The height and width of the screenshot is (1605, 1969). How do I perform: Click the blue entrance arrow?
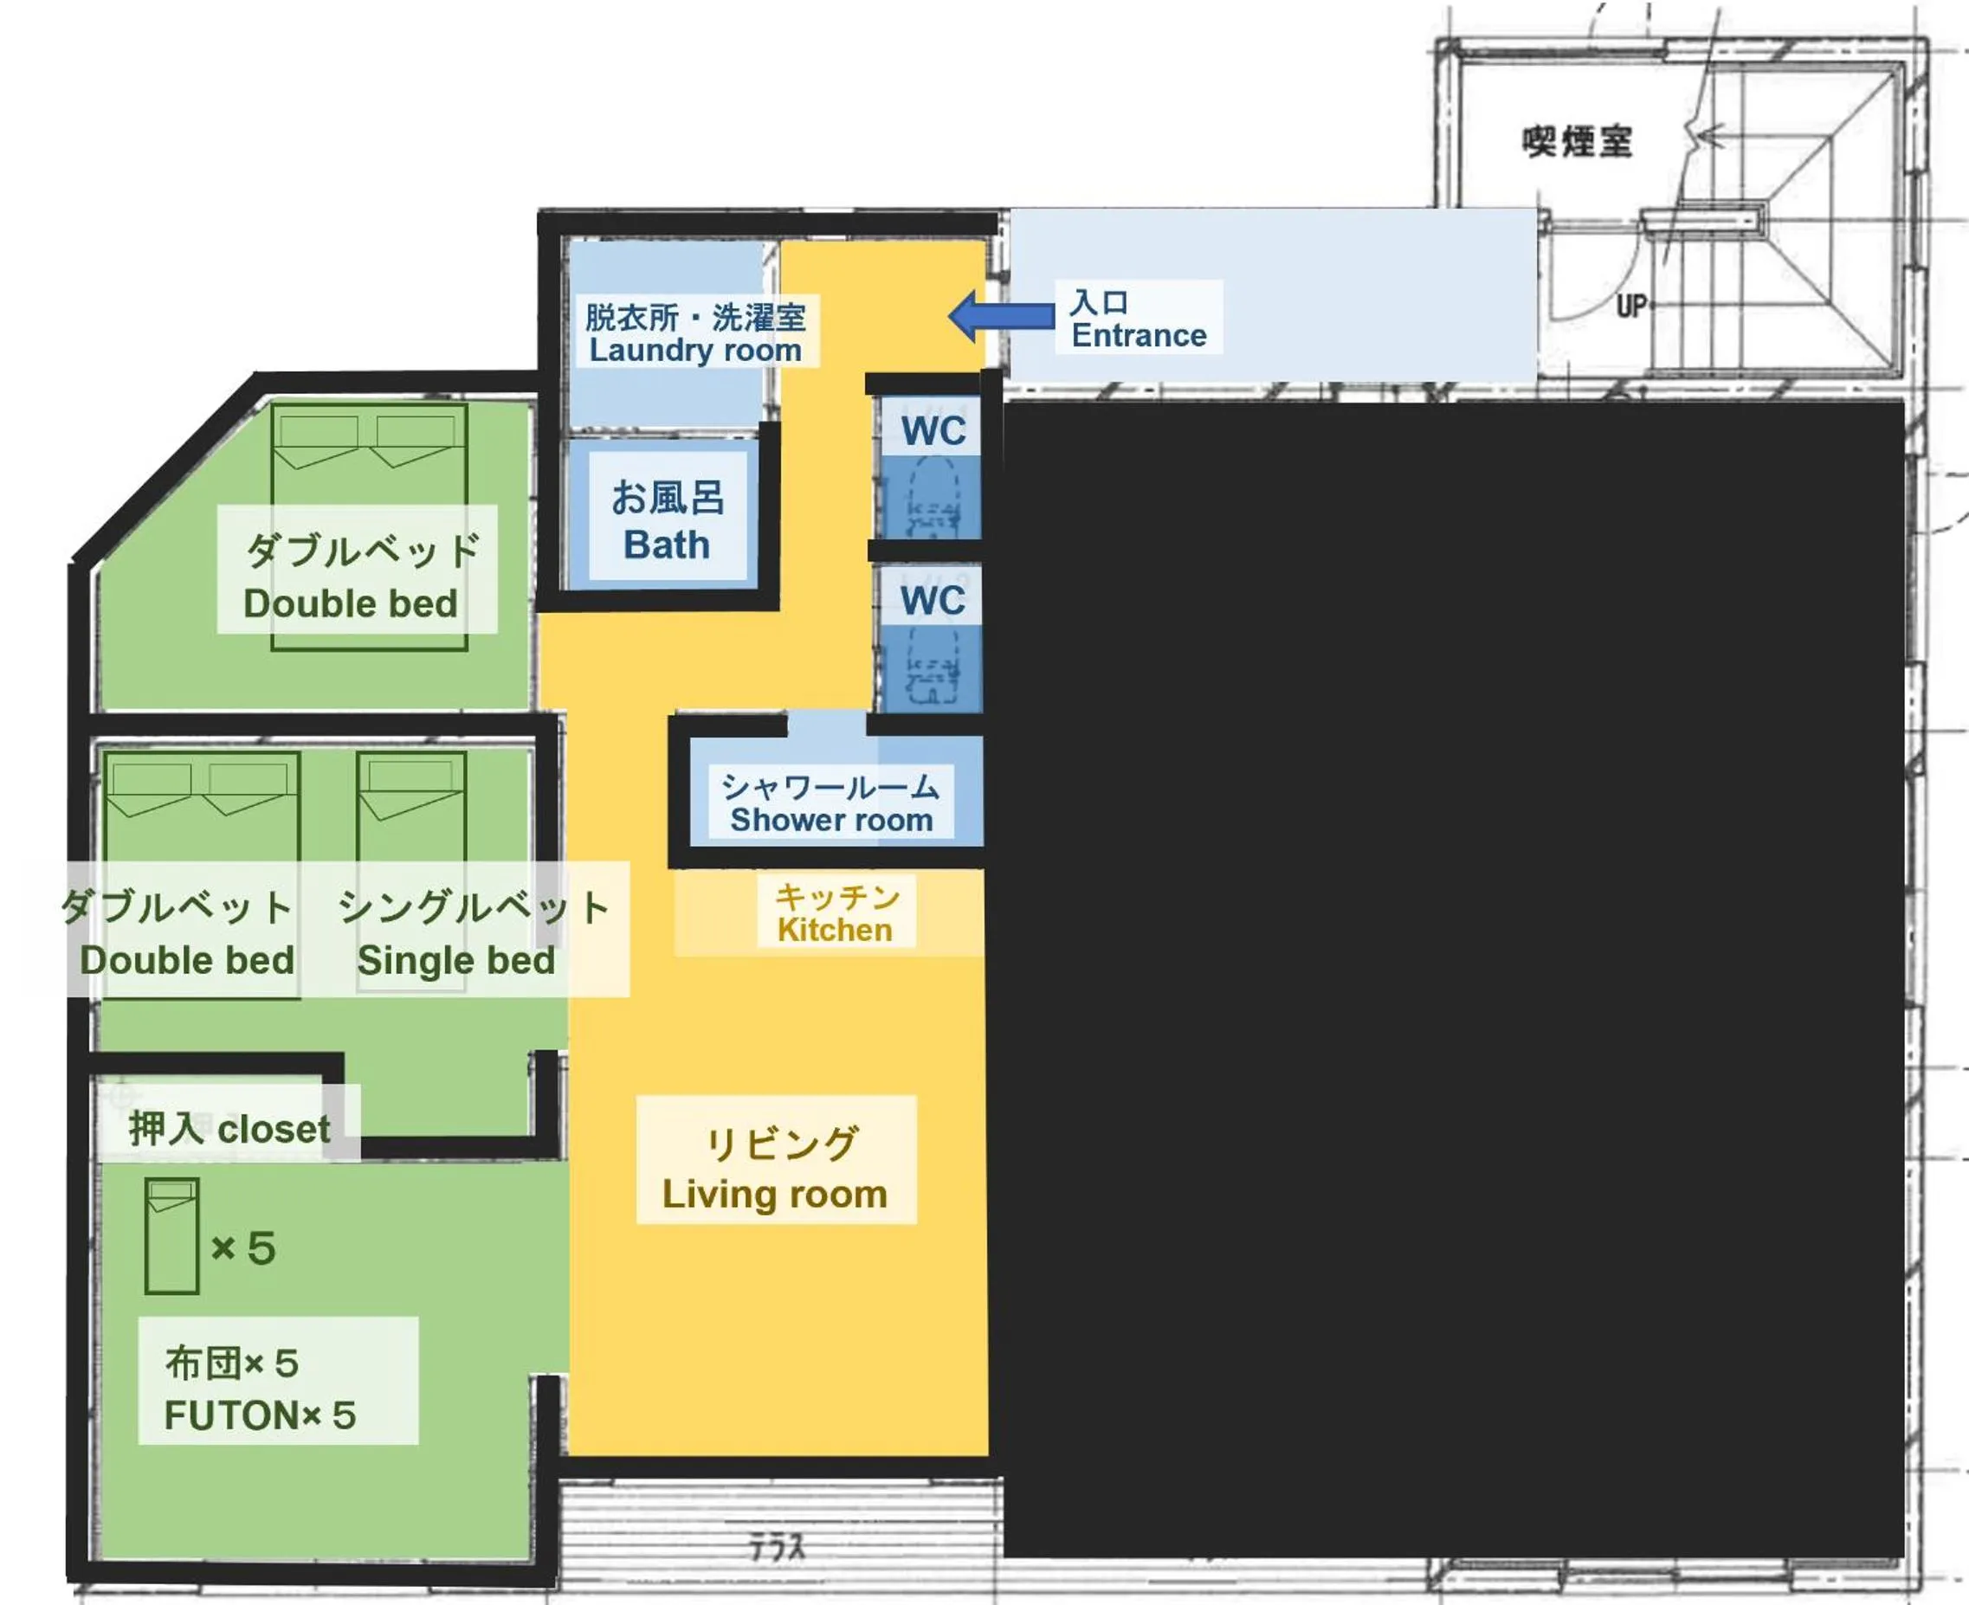tap(1001, 316)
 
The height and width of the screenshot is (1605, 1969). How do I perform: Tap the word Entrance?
tap(1139, 336)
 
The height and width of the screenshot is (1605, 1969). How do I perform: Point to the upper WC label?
tap(933, 432)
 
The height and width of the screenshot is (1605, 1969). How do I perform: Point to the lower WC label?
tap(933, 601)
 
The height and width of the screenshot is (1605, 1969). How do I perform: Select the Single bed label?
tap(457, 962)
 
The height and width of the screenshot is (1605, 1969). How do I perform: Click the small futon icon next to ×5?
tap(172, 1235)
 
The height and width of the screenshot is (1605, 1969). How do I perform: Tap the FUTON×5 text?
tap(260, 1415)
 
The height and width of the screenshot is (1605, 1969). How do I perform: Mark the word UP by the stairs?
tap(1631, 306)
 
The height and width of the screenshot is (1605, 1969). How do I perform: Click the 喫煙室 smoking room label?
tap(1577, 142)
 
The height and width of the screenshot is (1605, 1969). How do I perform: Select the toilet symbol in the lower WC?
tap(933, 667)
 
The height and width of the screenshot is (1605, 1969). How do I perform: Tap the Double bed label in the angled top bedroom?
tap(352, 603)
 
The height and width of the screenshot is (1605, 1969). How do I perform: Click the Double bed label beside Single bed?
tap(188, 962)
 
